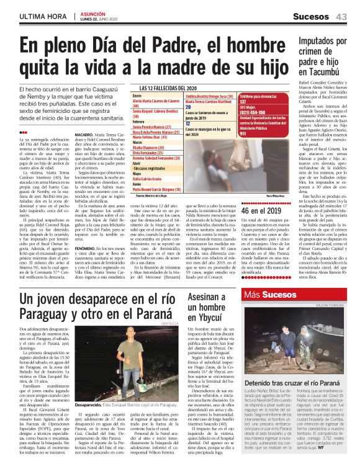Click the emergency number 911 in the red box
[243, 151]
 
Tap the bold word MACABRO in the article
[84, 151]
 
